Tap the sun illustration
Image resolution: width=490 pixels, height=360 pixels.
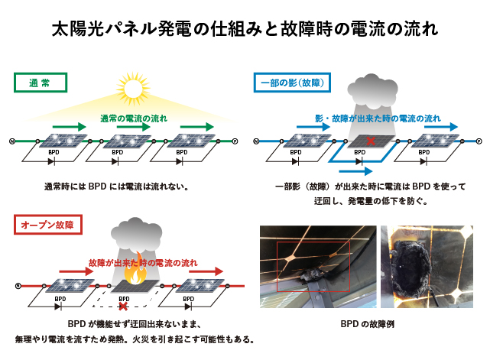pyautogui.click(x=134, y=89)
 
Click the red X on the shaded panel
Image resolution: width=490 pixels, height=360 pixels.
pyautogui.click(x=371, y=141)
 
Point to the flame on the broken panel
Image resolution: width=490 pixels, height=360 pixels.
pyautogui.click(x=135, y=271)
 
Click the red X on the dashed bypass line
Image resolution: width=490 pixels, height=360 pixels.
pyautogui.click(x=123, y=306)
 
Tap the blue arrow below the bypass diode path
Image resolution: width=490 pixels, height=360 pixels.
pyautogui.click(x=355, y=171)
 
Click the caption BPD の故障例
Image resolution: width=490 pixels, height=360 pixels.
pyautogui.click(x=367, y=324)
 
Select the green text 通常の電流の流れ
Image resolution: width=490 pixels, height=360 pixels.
pyautogui.click(x=134, y=118)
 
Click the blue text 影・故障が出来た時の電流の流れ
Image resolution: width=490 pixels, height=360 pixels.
pyautogui.click(x=378, y=118)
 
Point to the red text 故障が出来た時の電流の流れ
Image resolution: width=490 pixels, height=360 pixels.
pyautogui.click(x=143, y=263)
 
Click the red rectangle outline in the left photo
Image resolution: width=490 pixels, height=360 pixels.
pyautogui.click(x=277, y=266)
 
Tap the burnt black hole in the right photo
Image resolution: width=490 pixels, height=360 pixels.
pyautogui.click(x=410, y=267)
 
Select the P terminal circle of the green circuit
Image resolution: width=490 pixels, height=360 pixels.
pyautogui.click(x=235, y=141)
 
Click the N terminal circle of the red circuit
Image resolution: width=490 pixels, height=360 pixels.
pyautogui.click(x=18, y=286)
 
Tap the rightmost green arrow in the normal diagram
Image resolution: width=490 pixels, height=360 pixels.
pyautogui.click(x=197, y=127)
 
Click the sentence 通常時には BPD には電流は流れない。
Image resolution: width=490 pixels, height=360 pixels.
pyautogui.click(x=116, y=186)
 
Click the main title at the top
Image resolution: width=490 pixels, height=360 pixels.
pyautogui.click(x=245, y=29)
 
